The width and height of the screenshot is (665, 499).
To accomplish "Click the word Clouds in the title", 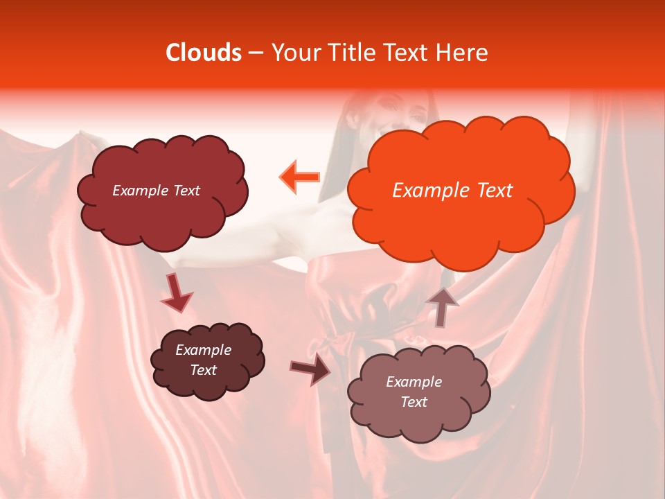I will click(204, 53).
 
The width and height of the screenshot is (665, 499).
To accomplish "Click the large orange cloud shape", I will click(460, 222).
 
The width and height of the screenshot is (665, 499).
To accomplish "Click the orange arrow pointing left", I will click(299, 177).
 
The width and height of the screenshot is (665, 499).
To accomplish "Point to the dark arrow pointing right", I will click(310, 371).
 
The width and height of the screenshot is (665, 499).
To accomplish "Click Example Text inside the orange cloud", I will click(452, 191).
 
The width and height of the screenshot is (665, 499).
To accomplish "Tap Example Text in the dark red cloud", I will click(156, 191).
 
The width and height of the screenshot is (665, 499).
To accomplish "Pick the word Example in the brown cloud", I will click(203, 350).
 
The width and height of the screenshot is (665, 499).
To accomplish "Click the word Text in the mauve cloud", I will click(414, 402).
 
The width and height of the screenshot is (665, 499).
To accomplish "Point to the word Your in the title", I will click(295, 53).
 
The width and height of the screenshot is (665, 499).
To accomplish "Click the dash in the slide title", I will click(256, 53).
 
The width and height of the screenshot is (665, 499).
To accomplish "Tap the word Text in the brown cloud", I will click(203, 370).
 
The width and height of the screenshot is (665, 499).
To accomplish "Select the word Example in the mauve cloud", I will click(414, 382).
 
